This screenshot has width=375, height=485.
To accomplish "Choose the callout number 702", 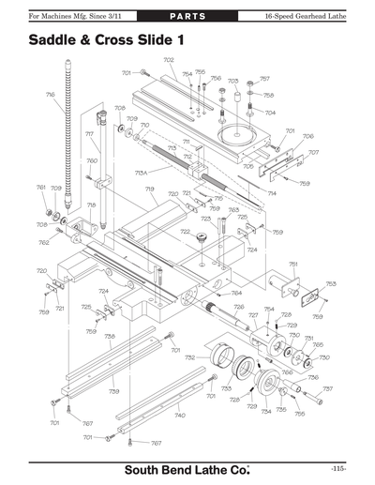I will point(169,60).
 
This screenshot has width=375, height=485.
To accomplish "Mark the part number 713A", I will point(142,173).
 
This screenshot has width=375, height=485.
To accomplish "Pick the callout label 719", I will point(149,189).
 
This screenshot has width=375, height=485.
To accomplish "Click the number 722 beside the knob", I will point(185,231).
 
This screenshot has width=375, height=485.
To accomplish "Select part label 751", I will point(292,265).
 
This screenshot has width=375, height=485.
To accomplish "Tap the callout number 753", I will point(330,283).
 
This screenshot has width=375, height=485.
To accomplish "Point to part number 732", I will point(189,357).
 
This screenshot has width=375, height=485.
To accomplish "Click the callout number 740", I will point(180,414).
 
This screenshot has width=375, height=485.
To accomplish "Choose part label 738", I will point(110,336).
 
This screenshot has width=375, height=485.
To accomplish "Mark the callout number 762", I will point(44,243).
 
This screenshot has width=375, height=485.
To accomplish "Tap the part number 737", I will point(327,388).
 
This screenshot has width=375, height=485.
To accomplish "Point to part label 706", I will point(307,136).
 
